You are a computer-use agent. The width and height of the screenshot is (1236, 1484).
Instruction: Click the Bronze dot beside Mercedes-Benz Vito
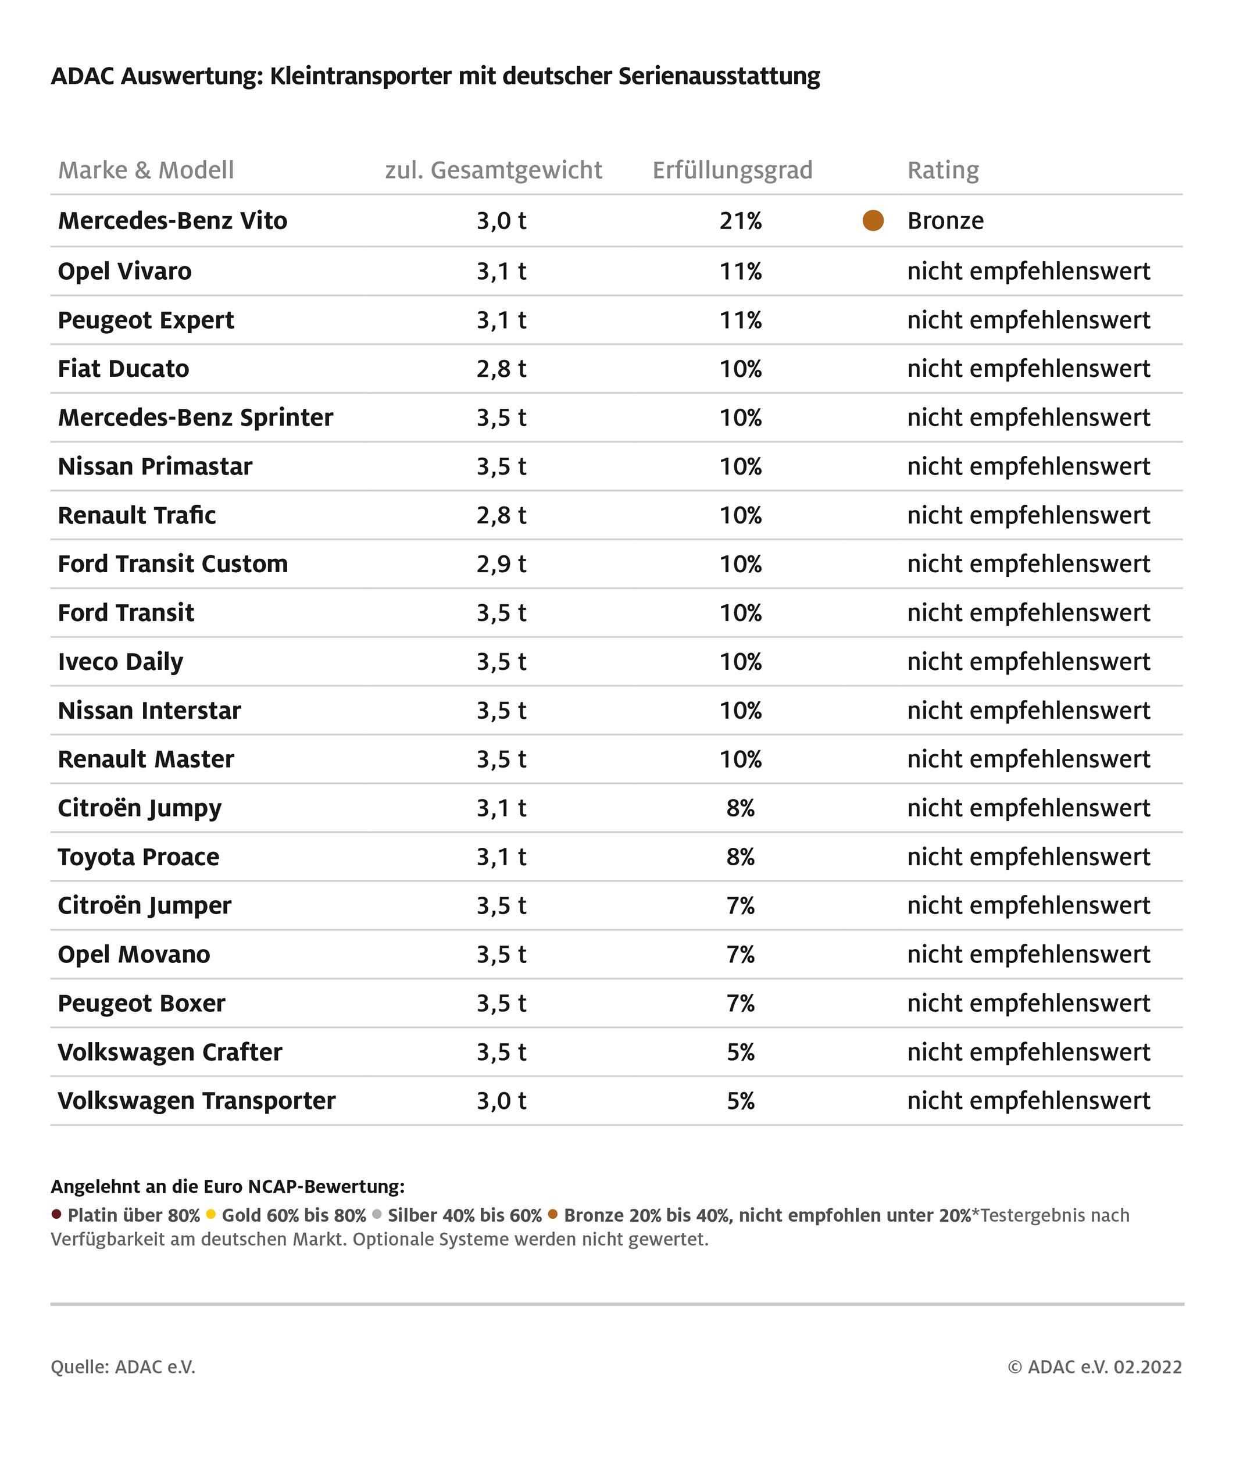873,220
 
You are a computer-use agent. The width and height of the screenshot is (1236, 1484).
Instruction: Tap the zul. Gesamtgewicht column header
493,170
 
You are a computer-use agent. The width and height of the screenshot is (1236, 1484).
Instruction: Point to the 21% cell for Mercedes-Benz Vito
741,221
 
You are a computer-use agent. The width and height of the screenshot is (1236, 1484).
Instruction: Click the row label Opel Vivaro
124,272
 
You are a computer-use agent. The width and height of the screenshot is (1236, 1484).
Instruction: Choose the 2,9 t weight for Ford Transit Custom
501,564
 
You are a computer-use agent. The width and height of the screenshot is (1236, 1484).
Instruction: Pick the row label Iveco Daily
120,662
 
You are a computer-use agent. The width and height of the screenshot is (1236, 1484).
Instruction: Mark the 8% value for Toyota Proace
741,857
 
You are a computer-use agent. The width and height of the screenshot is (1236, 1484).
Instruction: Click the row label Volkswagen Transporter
197,1101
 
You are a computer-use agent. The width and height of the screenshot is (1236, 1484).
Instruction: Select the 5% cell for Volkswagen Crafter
741,1052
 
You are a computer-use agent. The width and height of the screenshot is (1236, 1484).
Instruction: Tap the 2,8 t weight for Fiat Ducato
501,369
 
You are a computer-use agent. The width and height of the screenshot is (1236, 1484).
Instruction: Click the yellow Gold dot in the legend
210,1215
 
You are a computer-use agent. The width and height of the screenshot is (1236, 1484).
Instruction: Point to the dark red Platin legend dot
56,1215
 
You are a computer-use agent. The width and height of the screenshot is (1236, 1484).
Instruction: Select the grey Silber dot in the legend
377,1215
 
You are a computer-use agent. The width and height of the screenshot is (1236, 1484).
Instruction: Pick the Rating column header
943,170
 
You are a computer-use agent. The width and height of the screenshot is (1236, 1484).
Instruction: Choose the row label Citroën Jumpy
139,808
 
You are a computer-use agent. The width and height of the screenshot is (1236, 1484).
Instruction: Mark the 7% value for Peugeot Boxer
741,1004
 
